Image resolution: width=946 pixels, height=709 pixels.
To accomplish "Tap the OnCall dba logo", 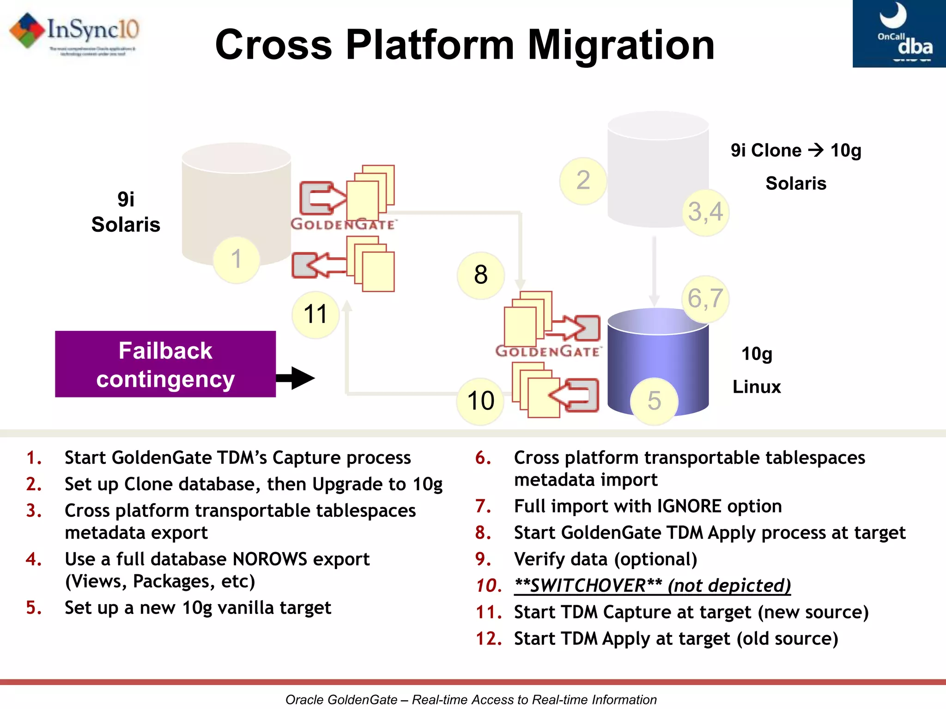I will tap(899, 33).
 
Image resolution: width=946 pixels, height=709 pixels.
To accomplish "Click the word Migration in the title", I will tap(621, 45).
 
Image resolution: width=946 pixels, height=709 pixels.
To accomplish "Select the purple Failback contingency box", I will tap(165, 364).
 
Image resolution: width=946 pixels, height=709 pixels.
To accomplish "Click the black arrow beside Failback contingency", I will tap(296, 378).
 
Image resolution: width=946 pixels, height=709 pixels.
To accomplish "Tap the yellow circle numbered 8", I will tap(481, 275).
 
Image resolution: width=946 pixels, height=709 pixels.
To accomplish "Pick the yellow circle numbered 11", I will tap(315, 315).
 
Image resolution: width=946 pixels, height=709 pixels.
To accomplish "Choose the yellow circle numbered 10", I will tap(480, 401).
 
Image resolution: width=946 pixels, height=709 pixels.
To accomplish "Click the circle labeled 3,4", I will tap(705, 212).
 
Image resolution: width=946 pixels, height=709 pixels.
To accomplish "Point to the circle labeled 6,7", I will tap(705, 299).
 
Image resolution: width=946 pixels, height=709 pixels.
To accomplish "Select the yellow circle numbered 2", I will tap(583, 180).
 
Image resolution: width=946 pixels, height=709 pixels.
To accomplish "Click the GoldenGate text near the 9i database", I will tap(343, 224).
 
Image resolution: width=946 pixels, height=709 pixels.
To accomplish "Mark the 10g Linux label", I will tap(757, 370).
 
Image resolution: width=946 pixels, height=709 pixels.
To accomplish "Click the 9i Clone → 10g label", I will tap(795, 150).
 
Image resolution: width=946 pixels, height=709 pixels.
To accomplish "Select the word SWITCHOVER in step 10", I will tap(588, 585).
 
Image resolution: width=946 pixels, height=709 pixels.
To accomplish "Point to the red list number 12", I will tap(489, 639).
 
